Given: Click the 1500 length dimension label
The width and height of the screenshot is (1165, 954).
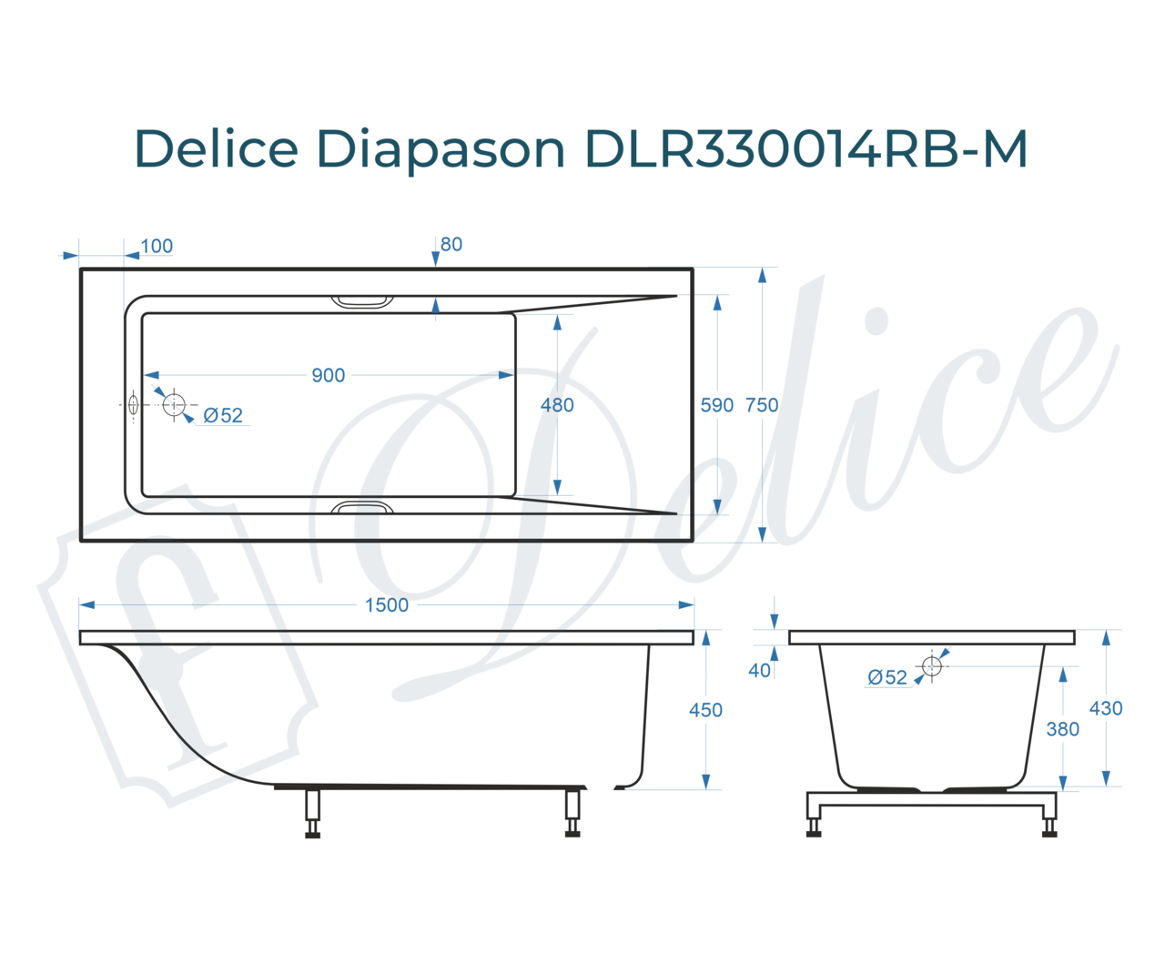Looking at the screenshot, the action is pos(386,604).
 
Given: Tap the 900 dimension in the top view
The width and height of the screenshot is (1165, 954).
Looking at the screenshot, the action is pos(329,375).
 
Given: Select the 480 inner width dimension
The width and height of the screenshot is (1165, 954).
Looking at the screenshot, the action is pos(557,405).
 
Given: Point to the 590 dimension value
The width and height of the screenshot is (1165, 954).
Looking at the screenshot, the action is pos(716,405).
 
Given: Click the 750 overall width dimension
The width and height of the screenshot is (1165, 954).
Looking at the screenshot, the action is pos(761,405).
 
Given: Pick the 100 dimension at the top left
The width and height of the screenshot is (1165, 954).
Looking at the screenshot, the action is pos(157,246).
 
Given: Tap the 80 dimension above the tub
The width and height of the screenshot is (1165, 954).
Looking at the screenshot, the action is pos(451,244).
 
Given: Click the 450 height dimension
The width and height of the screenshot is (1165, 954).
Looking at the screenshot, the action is pos(705,710).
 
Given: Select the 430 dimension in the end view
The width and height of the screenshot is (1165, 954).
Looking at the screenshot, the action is pos(1105,708).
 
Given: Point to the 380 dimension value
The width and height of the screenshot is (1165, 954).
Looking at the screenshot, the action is pos(1062,729).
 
